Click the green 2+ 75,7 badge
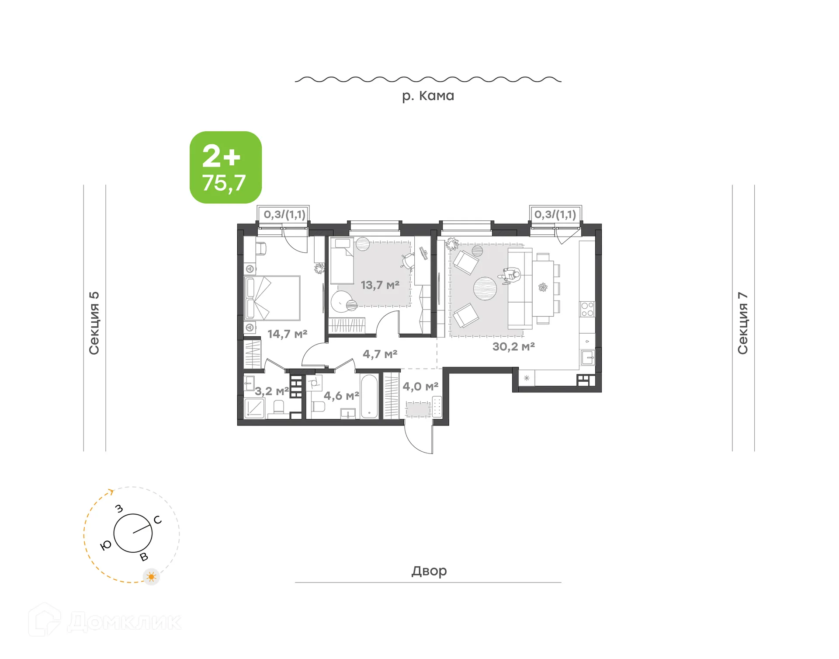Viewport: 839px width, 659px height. point(225,167)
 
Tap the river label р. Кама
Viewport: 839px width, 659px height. point(428,96)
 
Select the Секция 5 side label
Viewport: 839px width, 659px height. point(94,323)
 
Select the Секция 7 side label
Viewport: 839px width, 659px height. point(743,323)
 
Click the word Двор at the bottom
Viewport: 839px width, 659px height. point(429,571)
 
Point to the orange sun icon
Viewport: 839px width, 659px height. point(152,577)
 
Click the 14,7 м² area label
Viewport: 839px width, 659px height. point(287,334)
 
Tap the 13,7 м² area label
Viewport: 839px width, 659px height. point(380,285)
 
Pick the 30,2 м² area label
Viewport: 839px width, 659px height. point(513,347)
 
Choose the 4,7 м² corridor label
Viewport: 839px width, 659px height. point(380,354)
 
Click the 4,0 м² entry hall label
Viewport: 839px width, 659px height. point(420,387)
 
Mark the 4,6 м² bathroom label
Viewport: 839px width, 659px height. point(341,396)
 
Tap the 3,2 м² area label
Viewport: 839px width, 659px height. point(271,391)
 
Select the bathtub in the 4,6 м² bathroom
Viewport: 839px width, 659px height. point(369,396)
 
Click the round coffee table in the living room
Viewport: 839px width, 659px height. point(485,289)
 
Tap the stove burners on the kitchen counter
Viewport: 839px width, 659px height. point(587,309)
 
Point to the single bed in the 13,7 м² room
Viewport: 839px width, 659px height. point(341,261)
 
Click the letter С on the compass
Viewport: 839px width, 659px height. point(158,520)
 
